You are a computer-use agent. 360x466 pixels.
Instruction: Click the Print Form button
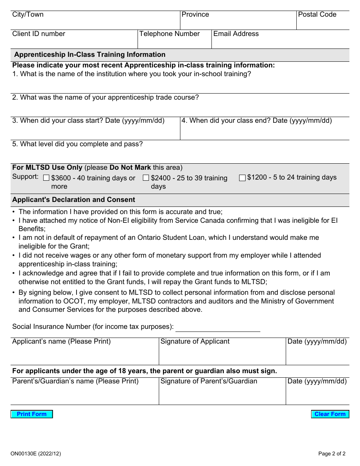(x=32, y=414)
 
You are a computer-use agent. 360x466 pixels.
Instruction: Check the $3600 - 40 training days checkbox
(x=46, y=178)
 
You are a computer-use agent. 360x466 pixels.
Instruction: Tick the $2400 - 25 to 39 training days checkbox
(x=146, y=178)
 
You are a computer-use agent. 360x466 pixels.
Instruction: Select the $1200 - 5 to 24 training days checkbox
(x=242, y=178)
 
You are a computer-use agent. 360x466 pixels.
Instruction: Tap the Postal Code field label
(x=317, y=15)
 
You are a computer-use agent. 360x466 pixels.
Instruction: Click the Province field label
(x=195, y=15)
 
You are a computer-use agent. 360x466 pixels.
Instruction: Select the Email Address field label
(x=236, y=34)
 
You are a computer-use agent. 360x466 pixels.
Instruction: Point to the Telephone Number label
(x=169, y=34)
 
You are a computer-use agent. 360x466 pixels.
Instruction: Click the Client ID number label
(x=39, y=34)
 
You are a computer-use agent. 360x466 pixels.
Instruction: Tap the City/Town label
(x=28, y=15)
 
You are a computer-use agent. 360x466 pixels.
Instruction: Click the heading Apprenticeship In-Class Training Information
(x=90, y=55)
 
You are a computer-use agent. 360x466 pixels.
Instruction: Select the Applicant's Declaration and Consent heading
(x=74, y=200)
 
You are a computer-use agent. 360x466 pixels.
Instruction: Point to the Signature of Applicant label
(x=195, y=342)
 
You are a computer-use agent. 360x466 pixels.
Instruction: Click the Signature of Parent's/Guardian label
(x=208, y=382)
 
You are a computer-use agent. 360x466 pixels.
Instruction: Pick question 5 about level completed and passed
(x=77, y=144)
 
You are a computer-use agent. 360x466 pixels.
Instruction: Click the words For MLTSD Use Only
(x=47, y=167)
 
